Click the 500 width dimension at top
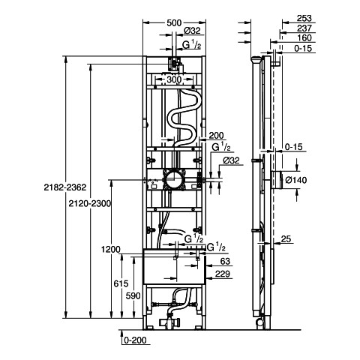[174, 22]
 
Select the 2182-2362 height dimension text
[65, 187]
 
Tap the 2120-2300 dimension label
[90, 203]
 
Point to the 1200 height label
[111, 249]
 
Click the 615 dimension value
[121, 283]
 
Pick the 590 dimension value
[133, 295]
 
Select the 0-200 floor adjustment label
[135, 340]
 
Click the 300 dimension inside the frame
[174, 79]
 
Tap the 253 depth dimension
[304, 18]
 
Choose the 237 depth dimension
[304, 28]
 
